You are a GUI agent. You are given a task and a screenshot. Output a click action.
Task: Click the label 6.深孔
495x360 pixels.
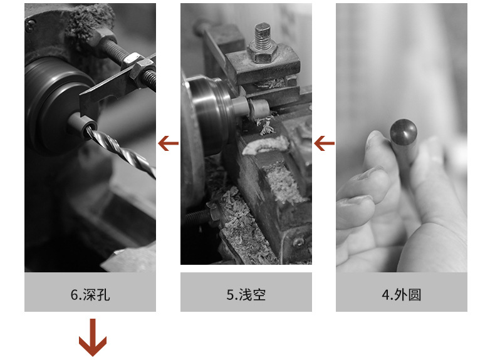click(x=90, y=295)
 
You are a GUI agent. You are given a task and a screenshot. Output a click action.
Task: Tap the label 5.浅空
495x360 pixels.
click(x=246, y=295)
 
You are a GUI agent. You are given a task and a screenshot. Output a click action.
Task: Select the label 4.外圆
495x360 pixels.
click(x=401, y=295)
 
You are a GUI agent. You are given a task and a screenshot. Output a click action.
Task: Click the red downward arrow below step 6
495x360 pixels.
click(x=93, y=337)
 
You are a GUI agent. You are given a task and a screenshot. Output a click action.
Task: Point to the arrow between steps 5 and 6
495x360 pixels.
click(x=168, y=143)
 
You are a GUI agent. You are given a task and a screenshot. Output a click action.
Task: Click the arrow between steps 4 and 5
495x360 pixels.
click(x=324, y=143)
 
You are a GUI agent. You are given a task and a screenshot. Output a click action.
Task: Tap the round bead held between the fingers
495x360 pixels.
click(x=404, y=132)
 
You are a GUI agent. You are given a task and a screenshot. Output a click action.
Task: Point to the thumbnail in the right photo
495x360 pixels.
click(x=375, y=136)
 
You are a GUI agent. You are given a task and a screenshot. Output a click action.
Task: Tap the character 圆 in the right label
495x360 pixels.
click(x=415, y=295)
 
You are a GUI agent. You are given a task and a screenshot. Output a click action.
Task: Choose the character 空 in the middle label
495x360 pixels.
click(x=259, y=295)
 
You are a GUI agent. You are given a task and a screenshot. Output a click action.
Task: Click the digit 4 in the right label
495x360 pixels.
click(x=385, y=295)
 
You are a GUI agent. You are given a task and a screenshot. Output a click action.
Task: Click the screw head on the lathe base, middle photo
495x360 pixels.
click(x=298, y=242)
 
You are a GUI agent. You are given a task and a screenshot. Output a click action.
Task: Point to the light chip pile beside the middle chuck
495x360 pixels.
click(x=266, y=145)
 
